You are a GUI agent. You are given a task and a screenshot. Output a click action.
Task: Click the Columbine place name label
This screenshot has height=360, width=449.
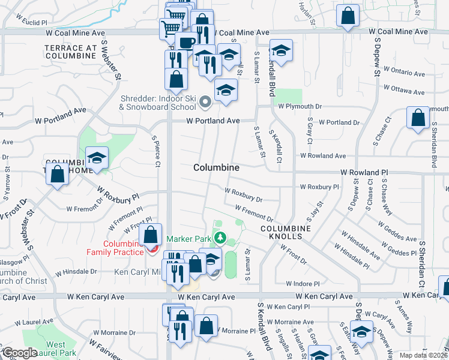click(217, 168)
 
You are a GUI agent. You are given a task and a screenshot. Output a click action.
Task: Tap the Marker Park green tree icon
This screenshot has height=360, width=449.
click(220, 239)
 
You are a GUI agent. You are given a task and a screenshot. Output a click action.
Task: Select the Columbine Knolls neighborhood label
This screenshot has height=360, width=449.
click(286, 233)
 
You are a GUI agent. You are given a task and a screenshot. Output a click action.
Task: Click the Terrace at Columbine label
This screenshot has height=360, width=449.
click(70, 52)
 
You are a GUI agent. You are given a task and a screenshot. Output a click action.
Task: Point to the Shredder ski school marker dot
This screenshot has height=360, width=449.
click(205, 102)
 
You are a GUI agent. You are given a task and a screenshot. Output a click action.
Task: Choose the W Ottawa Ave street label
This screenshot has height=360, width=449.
click(403, 91)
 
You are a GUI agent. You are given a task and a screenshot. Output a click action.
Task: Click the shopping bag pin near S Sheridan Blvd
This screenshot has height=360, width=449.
click(418, 118)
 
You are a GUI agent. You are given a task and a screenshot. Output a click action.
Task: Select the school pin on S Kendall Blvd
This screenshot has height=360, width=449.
click(281, 51)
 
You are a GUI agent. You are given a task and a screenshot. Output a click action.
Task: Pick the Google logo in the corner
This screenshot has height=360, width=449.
click(20, 353)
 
